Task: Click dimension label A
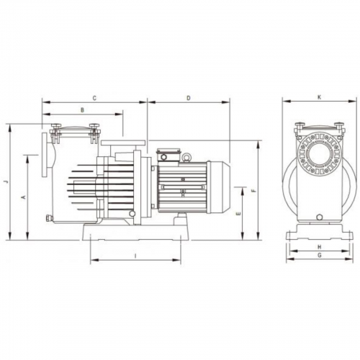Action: click(24, 197)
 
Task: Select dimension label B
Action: click(82, 110)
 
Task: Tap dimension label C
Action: click(94, 98)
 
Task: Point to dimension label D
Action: click(189, 98)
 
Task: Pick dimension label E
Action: click(238, 213)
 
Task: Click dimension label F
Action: click(254, 191)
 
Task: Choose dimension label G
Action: click(319, 256)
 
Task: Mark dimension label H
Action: click(319, 247)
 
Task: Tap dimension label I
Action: click(135, 256)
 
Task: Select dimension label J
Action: click(6, 181)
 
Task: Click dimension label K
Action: click(319, 97)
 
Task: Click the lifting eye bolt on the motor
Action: click(186, 157)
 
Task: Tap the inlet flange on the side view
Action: click(45, 155)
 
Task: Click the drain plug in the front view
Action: click(320, 217)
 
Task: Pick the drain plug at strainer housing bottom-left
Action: click(48, 217)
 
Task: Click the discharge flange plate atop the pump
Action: click(123, 143)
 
